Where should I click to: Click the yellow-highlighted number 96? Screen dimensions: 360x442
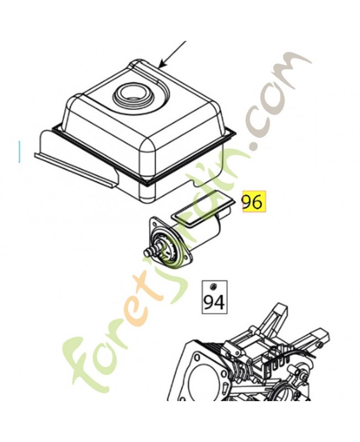point(254,202)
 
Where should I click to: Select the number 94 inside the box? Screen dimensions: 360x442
point(214,302)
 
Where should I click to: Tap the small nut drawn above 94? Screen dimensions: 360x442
point(214,287)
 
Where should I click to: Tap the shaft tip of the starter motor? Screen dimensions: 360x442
point(147,251)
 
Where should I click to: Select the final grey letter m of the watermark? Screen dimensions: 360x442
point(293,65)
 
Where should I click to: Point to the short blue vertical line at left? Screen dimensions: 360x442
point(19,151)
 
